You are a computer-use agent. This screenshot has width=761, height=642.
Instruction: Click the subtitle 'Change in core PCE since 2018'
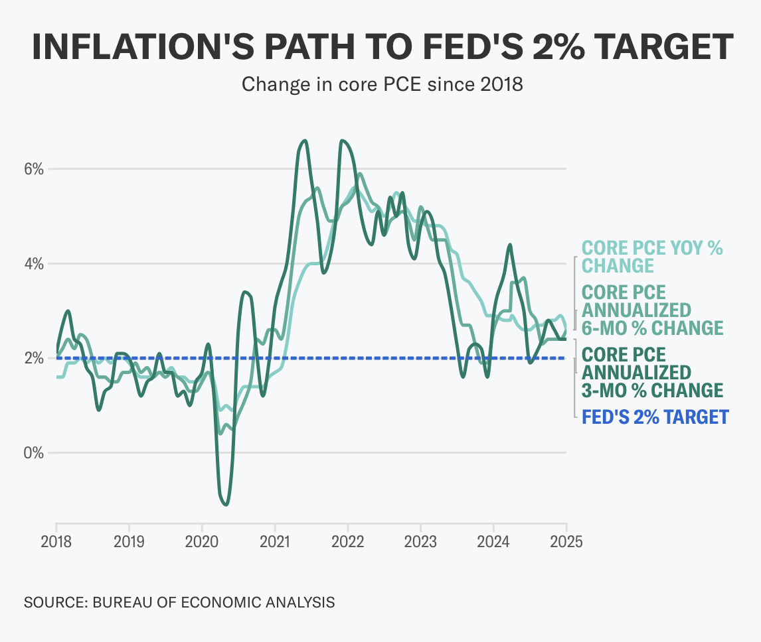coord(382,84)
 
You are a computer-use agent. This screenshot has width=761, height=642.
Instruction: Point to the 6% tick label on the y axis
coord(34,168)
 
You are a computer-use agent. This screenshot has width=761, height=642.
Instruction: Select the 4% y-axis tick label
coord(34,263)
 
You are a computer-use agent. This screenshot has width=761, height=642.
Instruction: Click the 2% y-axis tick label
coord(34,358)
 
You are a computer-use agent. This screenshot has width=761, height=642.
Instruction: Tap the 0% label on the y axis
coord(34,453)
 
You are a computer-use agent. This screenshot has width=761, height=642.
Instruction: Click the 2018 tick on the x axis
coord(56,541)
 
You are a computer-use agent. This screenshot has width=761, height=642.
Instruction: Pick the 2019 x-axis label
coord(129,541)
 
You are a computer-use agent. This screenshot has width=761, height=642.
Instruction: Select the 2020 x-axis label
coord(202,541)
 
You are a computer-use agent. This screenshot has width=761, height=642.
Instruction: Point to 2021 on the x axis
coord(275,541)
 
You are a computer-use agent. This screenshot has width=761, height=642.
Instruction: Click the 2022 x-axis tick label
coord(348,541)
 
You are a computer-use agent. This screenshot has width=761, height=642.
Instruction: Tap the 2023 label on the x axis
coord(421,541)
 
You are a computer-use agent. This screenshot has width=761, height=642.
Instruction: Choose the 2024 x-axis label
coord(494,541)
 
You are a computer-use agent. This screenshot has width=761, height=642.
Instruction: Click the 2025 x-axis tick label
coord(566,541)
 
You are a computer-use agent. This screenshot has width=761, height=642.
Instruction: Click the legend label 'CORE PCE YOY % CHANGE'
coord(651,257)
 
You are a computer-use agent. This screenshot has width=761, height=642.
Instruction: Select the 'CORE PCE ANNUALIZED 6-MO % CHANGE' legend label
coord(651,310)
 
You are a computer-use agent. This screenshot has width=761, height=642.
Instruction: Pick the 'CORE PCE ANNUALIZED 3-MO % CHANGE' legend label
coord(651,371)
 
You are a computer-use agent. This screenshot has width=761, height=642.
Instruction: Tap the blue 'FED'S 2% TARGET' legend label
coord(655,417)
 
